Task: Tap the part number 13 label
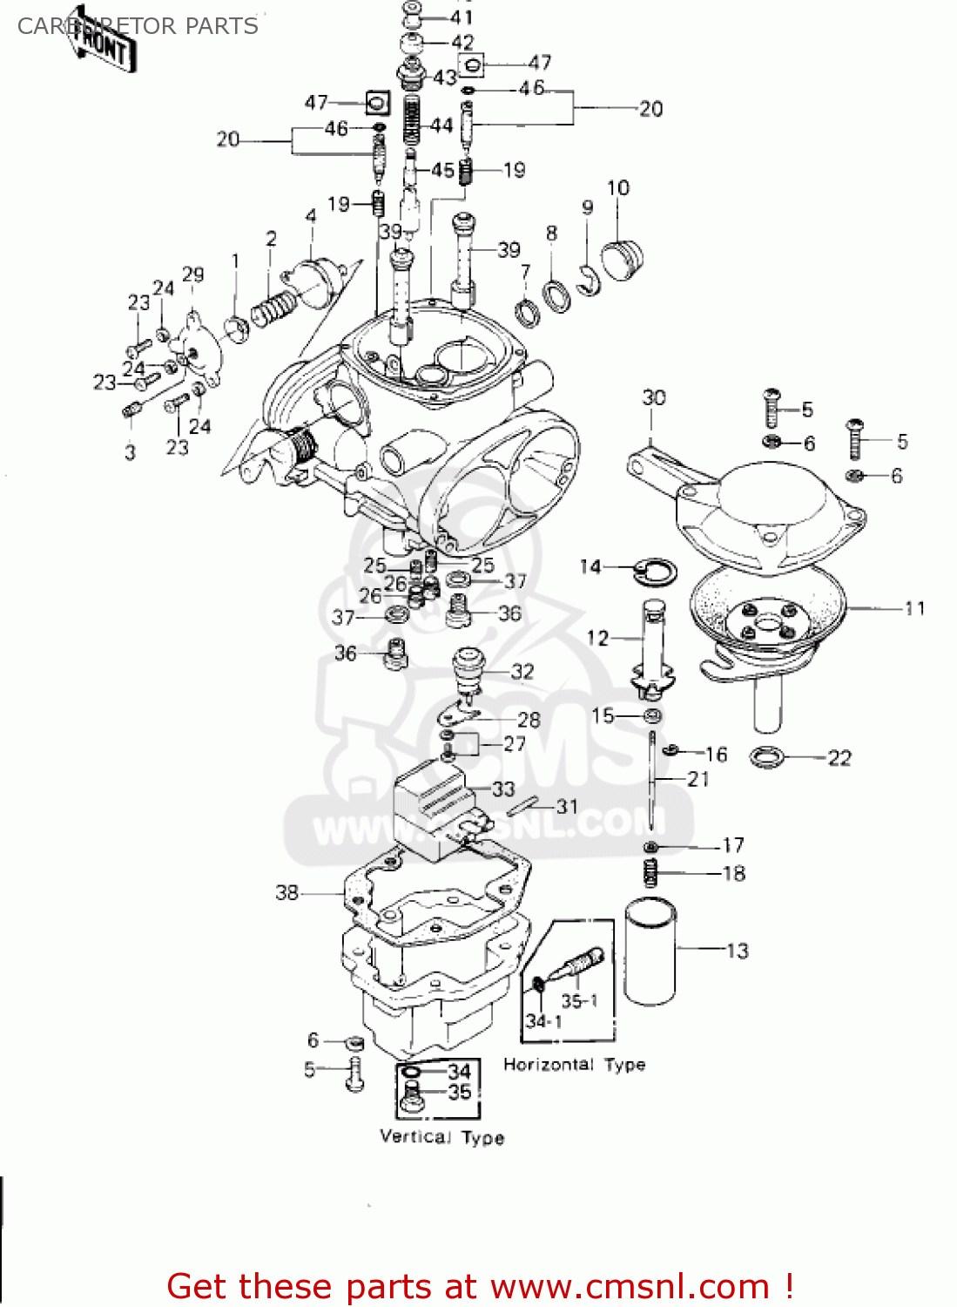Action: tap(737, 951)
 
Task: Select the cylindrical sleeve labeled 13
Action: tap(650, 952)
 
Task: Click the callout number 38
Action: tap(286, 892)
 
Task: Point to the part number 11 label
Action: tap(914, 608)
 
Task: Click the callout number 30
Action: tap(653, 398)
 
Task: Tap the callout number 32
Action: tap(522, 672)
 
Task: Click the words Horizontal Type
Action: tap(574, 1064)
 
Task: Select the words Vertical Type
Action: tap(441, 1137)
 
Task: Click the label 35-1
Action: tap(579, 1000)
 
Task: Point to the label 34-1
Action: tap(543, 1020)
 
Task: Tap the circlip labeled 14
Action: tap(650, 571)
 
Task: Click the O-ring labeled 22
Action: tap(767, 757)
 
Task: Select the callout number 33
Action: tap(503, 789)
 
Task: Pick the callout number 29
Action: tap(193, 274)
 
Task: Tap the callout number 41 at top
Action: tap(462, 17)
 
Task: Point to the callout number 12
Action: tap(597, 638)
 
